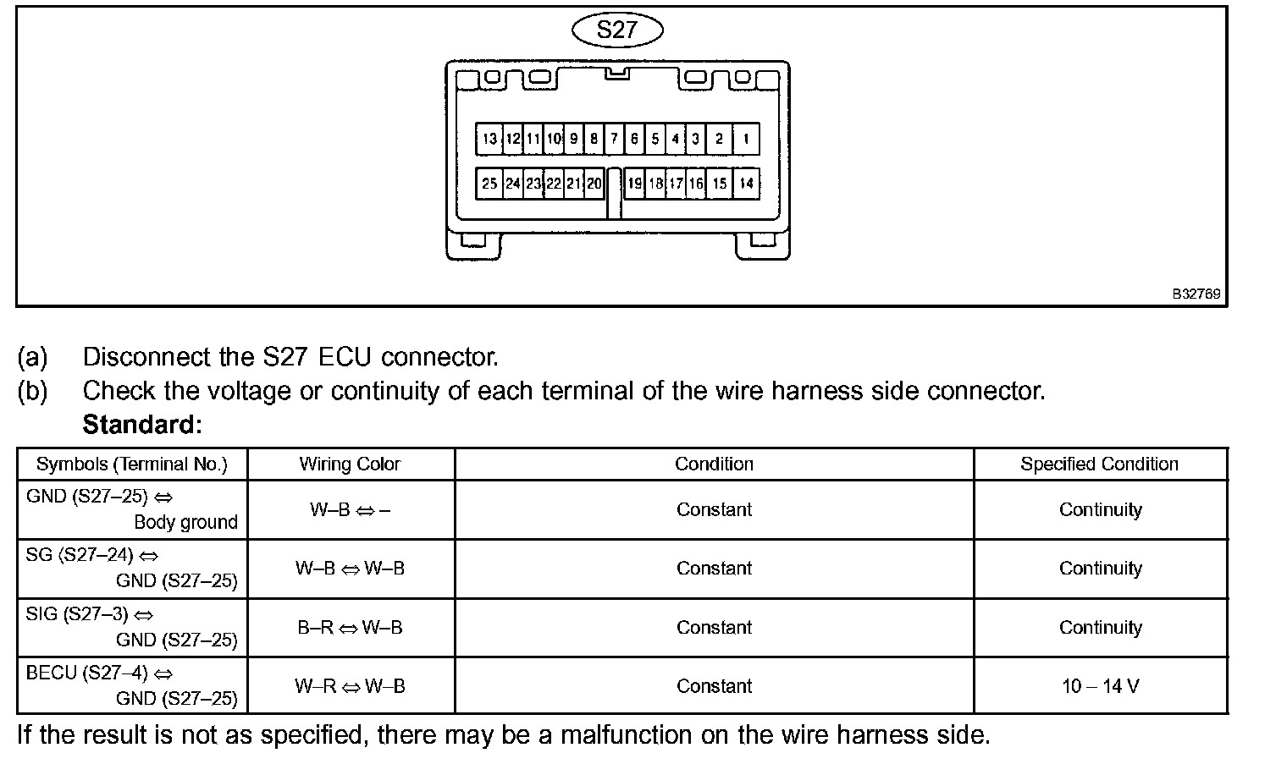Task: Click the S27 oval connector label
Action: [x=617, y=30]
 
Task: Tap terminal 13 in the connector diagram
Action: [x=489, y=139]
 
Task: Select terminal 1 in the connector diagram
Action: [x=746, y=139]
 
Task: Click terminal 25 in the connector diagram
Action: [x=489, y=183]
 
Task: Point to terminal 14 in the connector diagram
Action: [x=746, y=183]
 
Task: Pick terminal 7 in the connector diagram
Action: [x=615, y=139]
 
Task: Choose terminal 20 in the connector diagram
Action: [x=594, y=183]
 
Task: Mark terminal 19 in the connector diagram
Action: [x=634, y=183]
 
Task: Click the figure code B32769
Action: [x=1196, y=294]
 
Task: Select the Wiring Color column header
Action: [x=350, y=464]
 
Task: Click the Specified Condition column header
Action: [x=1099, y=464]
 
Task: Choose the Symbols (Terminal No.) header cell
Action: [x=132, y=464]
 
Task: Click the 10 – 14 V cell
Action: [x=1100, y=686]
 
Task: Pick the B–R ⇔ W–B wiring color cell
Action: [x=350, y=628]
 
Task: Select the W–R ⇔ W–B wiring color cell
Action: [x=350, y=686]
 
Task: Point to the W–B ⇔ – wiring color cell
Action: [x=350, y=510]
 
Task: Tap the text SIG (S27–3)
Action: [x=90, y=615]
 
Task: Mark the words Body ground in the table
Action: [x=185, y=523]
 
